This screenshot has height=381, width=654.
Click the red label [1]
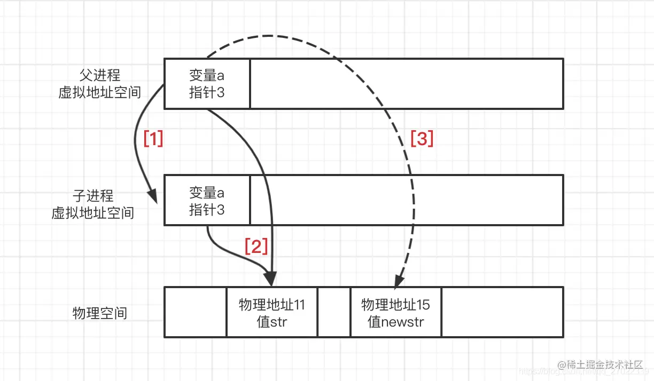pyautogui.click(x=153, y=139)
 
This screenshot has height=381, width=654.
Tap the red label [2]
pyautogui.click(x=255, y=246)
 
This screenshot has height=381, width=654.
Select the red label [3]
pyautogui.click(x=422, y=139)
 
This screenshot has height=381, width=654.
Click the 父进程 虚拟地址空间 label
pyautogui.click(x=99, y=84)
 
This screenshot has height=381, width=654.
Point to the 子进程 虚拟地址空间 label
pyautogui.click(x=93, y=204)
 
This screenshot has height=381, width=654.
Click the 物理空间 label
pyautogui.click(x=100, y=313)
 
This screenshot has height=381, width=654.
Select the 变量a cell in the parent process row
pyautogui.click(x=207, y=84)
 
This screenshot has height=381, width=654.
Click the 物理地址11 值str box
pyautogui.click(x=272, y=313)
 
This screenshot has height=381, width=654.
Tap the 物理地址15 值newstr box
pyautogui.click(x=396, y=313)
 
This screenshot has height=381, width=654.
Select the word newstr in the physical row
pyautogui.click(x=403, y=322)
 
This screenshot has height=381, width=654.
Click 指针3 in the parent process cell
pyautogui.click(x=207, y=92)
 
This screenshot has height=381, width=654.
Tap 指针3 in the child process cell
pyautogui.click(x=207, y=210)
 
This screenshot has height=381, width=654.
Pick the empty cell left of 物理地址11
pyautogui.click(x=196, y=313)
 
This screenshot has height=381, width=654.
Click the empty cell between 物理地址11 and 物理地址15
pyautogui.click(x=334, y=313)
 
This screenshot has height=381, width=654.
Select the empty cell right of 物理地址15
pyautogui.click(x=502, y=313)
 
